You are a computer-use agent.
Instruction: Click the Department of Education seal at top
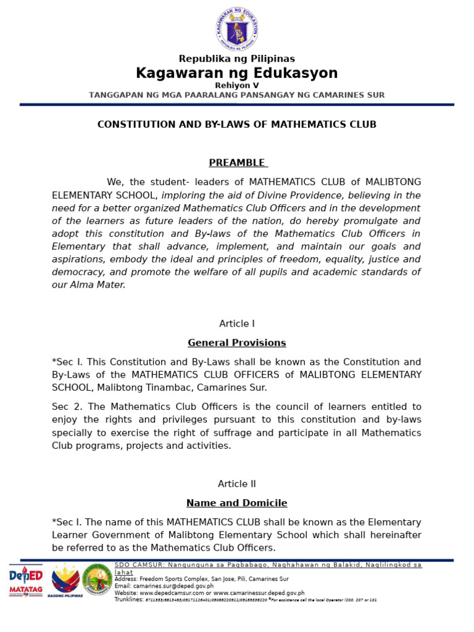237,28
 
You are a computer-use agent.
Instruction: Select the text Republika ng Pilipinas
237,59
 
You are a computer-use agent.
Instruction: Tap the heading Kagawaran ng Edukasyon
237,73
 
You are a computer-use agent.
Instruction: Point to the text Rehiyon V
237,85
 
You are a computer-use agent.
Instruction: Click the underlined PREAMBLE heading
237,163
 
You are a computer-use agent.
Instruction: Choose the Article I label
237,323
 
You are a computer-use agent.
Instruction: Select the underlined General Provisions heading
237,343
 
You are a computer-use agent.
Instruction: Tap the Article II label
237,484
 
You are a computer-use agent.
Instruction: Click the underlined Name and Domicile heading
237,503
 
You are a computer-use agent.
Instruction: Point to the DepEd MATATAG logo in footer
26,581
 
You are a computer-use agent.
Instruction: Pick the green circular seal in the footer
98,580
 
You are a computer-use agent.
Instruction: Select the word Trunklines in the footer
128,599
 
